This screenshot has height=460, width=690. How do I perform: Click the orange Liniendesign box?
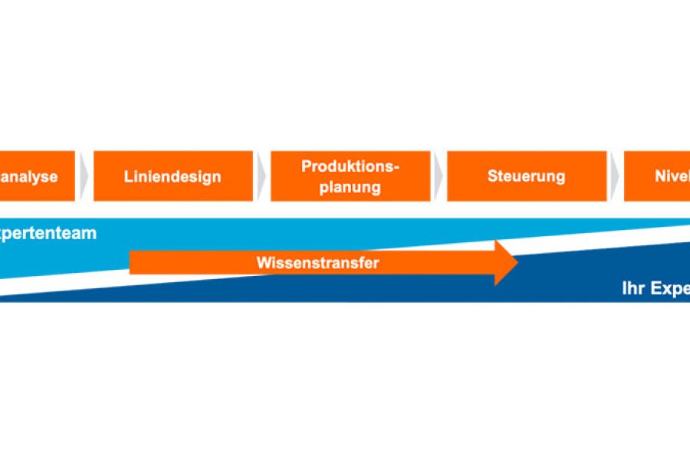[173, 176]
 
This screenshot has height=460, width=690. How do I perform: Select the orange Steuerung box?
[526, 176]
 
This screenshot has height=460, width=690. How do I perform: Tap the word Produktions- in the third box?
[350, 166]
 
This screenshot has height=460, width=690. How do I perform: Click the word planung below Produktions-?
[350, 186]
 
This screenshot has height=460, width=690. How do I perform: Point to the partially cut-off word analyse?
[29, 176]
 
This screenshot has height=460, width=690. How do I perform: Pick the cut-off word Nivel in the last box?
[672, 176]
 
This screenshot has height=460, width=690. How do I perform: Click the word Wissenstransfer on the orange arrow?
[318, 262]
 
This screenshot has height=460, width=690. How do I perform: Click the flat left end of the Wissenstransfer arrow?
[132, 262]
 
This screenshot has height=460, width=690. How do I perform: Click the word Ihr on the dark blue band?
[633, 289]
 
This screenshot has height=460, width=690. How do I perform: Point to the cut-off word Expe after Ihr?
[670, 289]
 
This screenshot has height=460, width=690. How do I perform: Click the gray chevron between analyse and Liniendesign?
[84, 176]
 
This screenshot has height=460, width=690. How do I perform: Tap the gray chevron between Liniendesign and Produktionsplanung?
[261, 176]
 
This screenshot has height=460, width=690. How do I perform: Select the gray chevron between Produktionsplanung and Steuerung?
[438, 176]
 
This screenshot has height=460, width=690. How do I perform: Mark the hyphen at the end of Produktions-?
[397, 167]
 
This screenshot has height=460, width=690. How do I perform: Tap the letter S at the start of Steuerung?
[491, 176]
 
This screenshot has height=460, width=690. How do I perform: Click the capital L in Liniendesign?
[128, 176]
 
